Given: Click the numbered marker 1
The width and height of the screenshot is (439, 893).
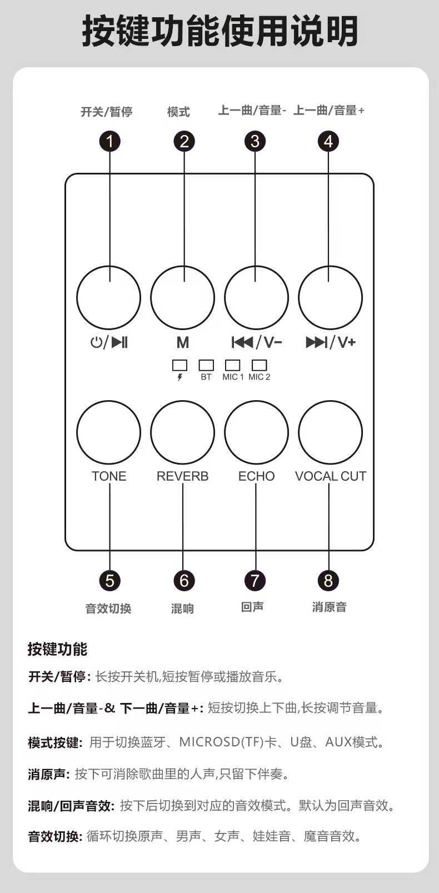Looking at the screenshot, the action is tap(109, 141).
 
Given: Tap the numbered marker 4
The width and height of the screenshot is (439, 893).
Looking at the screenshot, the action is tap(328, 141).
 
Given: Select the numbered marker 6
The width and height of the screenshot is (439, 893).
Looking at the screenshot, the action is tap(184, 581).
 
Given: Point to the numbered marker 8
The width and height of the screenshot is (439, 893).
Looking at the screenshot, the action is tap(328, 581).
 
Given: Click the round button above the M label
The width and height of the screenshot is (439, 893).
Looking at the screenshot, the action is tap(182, 297).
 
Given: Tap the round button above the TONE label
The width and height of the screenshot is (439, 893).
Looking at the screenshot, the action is tap(108, 432).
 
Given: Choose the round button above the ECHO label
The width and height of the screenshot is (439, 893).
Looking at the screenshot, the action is tap(256, 432).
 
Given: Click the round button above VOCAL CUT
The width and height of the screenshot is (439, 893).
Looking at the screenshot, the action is tap(330, 432).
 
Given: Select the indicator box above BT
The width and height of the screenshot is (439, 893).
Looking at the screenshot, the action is tap(206, 365).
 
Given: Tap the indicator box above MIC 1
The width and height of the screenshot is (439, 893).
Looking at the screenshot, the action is tap(232, 365).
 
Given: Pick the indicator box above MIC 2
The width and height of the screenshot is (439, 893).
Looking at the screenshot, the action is tap(259, 365).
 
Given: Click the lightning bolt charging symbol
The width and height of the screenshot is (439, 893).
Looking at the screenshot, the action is tap(179, 377).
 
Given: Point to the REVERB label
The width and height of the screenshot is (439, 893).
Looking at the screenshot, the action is tap(182, 476).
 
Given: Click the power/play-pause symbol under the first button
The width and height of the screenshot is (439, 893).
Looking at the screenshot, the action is tap(109, 342).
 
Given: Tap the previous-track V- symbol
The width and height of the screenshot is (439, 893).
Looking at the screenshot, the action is tap(256, 342).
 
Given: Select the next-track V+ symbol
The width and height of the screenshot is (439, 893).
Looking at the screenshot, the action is tap(331, 342).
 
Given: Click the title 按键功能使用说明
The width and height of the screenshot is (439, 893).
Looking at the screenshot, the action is tap(220, 31).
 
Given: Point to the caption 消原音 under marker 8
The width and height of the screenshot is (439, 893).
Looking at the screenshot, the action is tap(329, 607).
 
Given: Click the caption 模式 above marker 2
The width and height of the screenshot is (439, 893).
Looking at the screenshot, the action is tap(178, 112).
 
